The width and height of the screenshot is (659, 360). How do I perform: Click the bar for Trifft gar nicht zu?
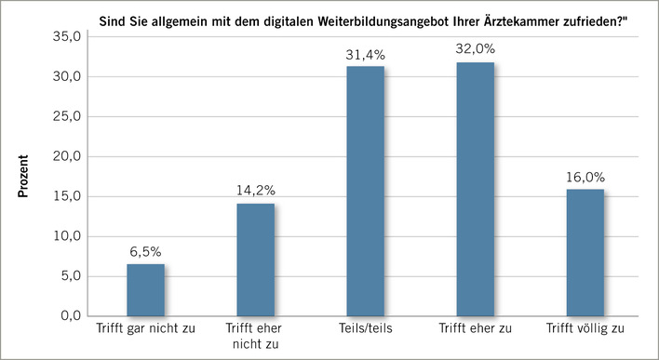pos(145,290)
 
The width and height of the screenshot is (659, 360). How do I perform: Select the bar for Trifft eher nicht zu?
pos(255,260)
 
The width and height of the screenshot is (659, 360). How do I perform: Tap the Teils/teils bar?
pos(365,191)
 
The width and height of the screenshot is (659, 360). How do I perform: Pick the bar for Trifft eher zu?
pos(475,189)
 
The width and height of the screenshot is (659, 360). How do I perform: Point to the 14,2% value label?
pos(255,190)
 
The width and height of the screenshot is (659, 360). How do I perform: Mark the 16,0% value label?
pos(585,176)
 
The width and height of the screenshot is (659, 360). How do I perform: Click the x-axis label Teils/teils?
pos(365,329)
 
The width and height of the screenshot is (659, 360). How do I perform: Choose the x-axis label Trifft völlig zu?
pos(585,329)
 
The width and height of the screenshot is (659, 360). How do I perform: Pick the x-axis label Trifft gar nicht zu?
pos(145,329)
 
